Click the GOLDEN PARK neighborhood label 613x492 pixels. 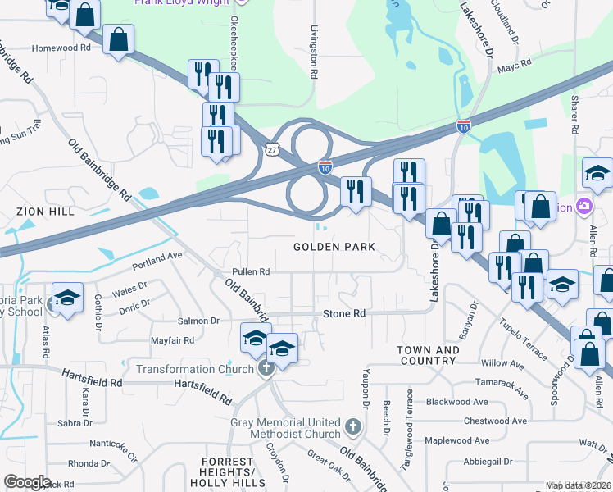[x=334, y=246]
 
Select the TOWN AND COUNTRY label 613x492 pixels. [x=427, y=355]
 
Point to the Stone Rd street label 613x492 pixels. [x=344, y=313]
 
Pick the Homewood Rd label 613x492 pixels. [x=61, y=48]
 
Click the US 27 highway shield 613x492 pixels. [x=271, y=148]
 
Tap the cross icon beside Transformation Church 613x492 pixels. [x=266, y=368]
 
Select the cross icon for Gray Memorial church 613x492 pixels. [x=352, y=427]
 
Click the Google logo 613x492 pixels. [x=27, y=482]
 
